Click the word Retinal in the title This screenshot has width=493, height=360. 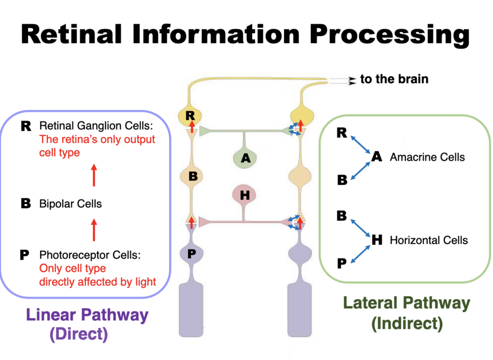pyautogui.click(x=71, y=34)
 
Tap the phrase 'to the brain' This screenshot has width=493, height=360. pyautogui.click(x=394, y=79)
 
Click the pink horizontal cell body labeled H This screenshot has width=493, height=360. pyautogui.click(x=244, y=194)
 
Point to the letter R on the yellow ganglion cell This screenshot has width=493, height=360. pyautogui.click(x=190, y=116)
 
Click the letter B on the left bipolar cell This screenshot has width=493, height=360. pyautogui.click(x=193, y=176)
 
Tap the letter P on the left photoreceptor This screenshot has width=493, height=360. pyautogui.click(x=192, y=254)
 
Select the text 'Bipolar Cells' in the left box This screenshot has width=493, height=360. pyautogui.click(x=71, y=204)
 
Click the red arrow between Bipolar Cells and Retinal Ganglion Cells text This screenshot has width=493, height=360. pyautogui.click(x=94, y=175)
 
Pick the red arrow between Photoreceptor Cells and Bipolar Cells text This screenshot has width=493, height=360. pyautogui.click(x=94, y=230)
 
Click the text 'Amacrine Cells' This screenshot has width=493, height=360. pyautogui.click(x=427, y=157)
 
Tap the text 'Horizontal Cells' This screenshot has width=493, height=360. pyautogui.click(x=429, y=240)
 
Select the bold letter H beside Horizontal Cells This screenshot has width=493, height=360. pyautogui.click(x=377, y=240)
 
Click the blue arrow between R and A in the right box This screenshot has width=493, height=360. pyautogui.click(x=360, y=145)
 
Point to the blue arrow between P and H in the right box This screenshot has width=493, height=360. pyautogui.click(x=360, y=254)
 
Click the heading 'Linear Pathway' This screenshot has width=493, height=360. pyautogui.click(x=87, y=315)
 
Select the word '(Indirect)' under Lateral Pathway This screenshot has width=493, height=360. pyautogui.click(x=407, y=323)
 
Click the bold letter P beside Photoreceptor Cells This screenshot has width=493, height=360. pyautogui.click(x=24, y=255)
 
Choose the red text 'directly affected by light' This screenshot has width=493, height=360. pyautogui.click(x=98, y=282)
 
